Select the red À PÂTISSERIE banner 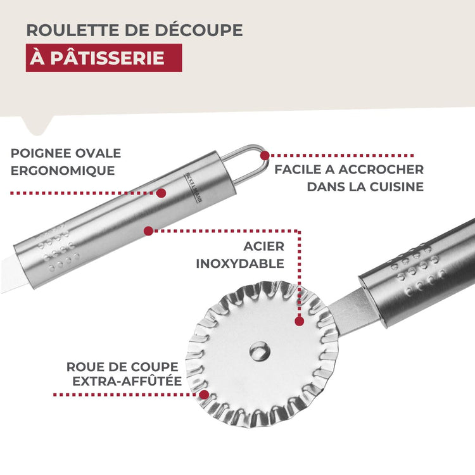coord(104,58)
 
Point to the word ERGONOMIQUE coord(63,170)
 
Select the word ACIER coord(263,246)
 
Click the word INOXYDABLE coord(240,263)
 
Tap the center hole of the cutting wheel coord(258,350)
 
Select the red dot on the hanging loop coord(265,155)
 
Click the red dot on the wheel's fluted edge coord(204,395)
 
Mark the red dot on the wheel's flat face coord(299,321)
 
